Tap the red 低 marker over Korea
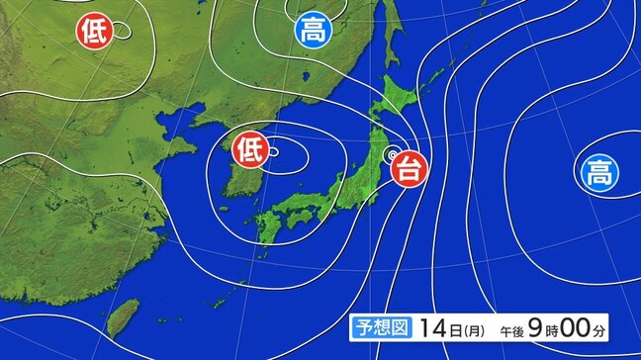point(249,150)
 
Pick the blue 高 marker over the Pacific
point(597,175)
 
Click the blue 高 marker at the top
point(312,31)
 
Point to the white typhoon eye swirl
point(392,154)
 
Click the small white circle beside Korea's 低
point(273,151)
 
